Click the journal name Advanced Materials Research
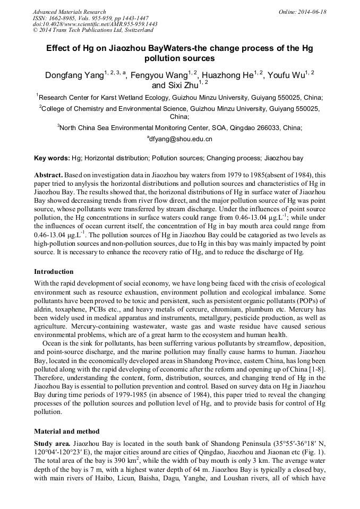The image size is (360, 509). tap(69, 12)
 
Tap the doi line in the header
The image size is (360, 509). tap(95, 24)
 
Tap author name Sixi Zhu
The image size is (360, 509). tap(182, 85)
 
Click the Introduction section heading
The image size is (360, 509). tap(54, 272)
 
